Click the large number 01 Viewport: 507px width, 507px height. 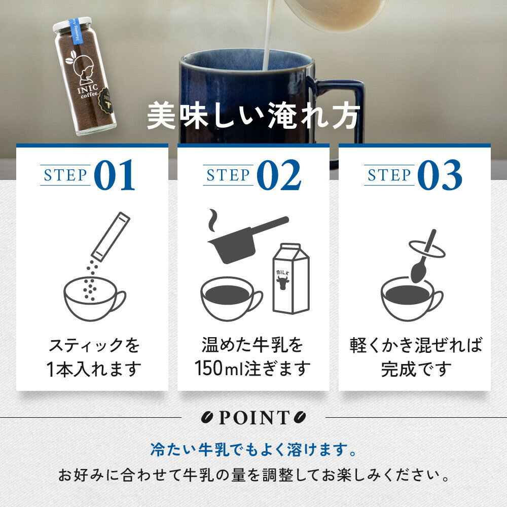point(115,174)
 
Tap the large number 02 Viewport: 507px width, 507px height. point(279,174)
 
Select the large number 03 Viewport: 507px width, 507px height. point(440,174)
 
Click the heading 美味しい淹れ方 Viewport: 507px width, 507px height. point(253,116)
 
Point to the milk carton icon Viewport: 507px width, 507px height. point(291,278)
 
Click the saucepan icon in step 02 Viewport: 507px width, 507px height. point(248,239)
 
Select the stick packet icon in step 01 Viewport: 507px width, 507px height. point(111,237)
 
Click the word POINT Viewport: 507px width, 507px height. point(254,417)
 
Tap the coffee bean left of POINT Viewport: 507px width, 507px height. point(207,417)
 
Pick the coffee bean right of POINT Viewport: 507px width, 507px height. point(300,417)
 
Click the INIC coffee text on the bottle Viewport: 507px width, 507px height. point(88,91)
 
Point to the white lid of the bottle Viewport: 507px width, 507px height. point(71,24)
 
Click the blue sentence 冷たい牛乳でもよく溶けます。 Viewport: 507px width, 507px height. point(253,449)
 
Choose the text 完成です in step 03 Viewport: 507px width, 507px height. point(416,369)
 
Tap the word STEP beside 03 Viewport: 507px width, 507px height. point(389,175)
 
